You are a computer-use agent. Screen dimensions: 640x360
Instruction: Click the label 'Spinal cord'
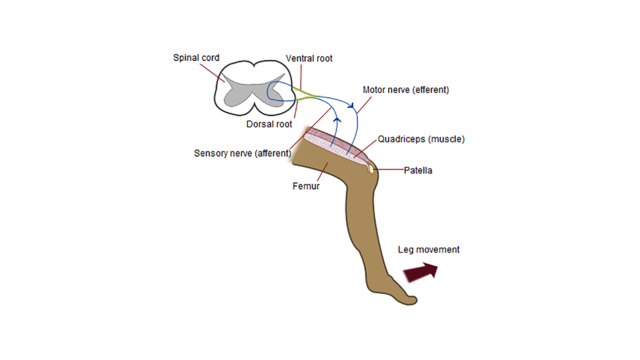click(196, 58)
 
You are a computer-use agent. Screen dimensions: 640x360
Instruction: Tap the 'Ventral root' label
click(309, 58)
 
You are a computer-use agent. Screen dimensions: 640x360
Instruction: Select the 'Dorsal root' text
click(269, 124)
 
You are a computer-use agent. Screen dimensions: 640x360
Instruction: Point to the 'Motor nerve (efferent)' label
click(406, 90)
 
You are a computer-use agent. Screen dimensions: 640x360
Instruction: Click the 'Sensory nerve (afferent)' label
click(242, 153)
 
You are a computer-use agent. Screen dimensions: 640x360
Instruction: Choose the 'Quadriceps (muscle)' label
click(421, 139)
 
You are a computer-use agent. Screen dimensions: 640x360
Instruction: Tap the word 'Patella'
click(418, 170)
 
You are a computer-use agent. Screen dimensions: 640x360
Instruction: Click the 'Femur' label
click(306, 186)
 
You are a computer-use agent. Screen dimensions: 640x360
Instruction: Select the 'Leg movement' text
click(429, 249)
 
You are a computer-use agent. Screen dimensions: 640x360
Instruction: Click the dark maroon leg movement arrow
click(421, 272)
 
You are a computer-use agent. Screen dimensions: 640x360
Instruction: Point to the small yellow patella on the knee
click(371, 167)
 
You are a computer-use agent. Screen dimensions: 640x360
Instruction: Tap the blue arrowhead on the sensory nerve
click(337, 119)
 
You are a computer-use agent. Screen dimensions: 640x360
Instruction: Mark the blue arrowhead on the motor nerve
click(351, 106)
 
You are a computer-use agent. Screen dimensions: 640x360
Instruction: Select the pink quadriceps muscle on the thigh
click(336, 144)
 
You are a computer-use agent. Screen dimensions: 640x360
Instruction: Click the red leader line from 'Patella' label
click(389, 169)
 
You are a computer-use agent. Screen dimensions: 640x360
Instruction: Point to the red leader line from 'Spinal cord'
click(212, 73)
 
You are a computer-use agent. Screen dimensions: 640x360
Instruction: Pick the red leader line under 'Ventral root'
click(301, 77)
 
